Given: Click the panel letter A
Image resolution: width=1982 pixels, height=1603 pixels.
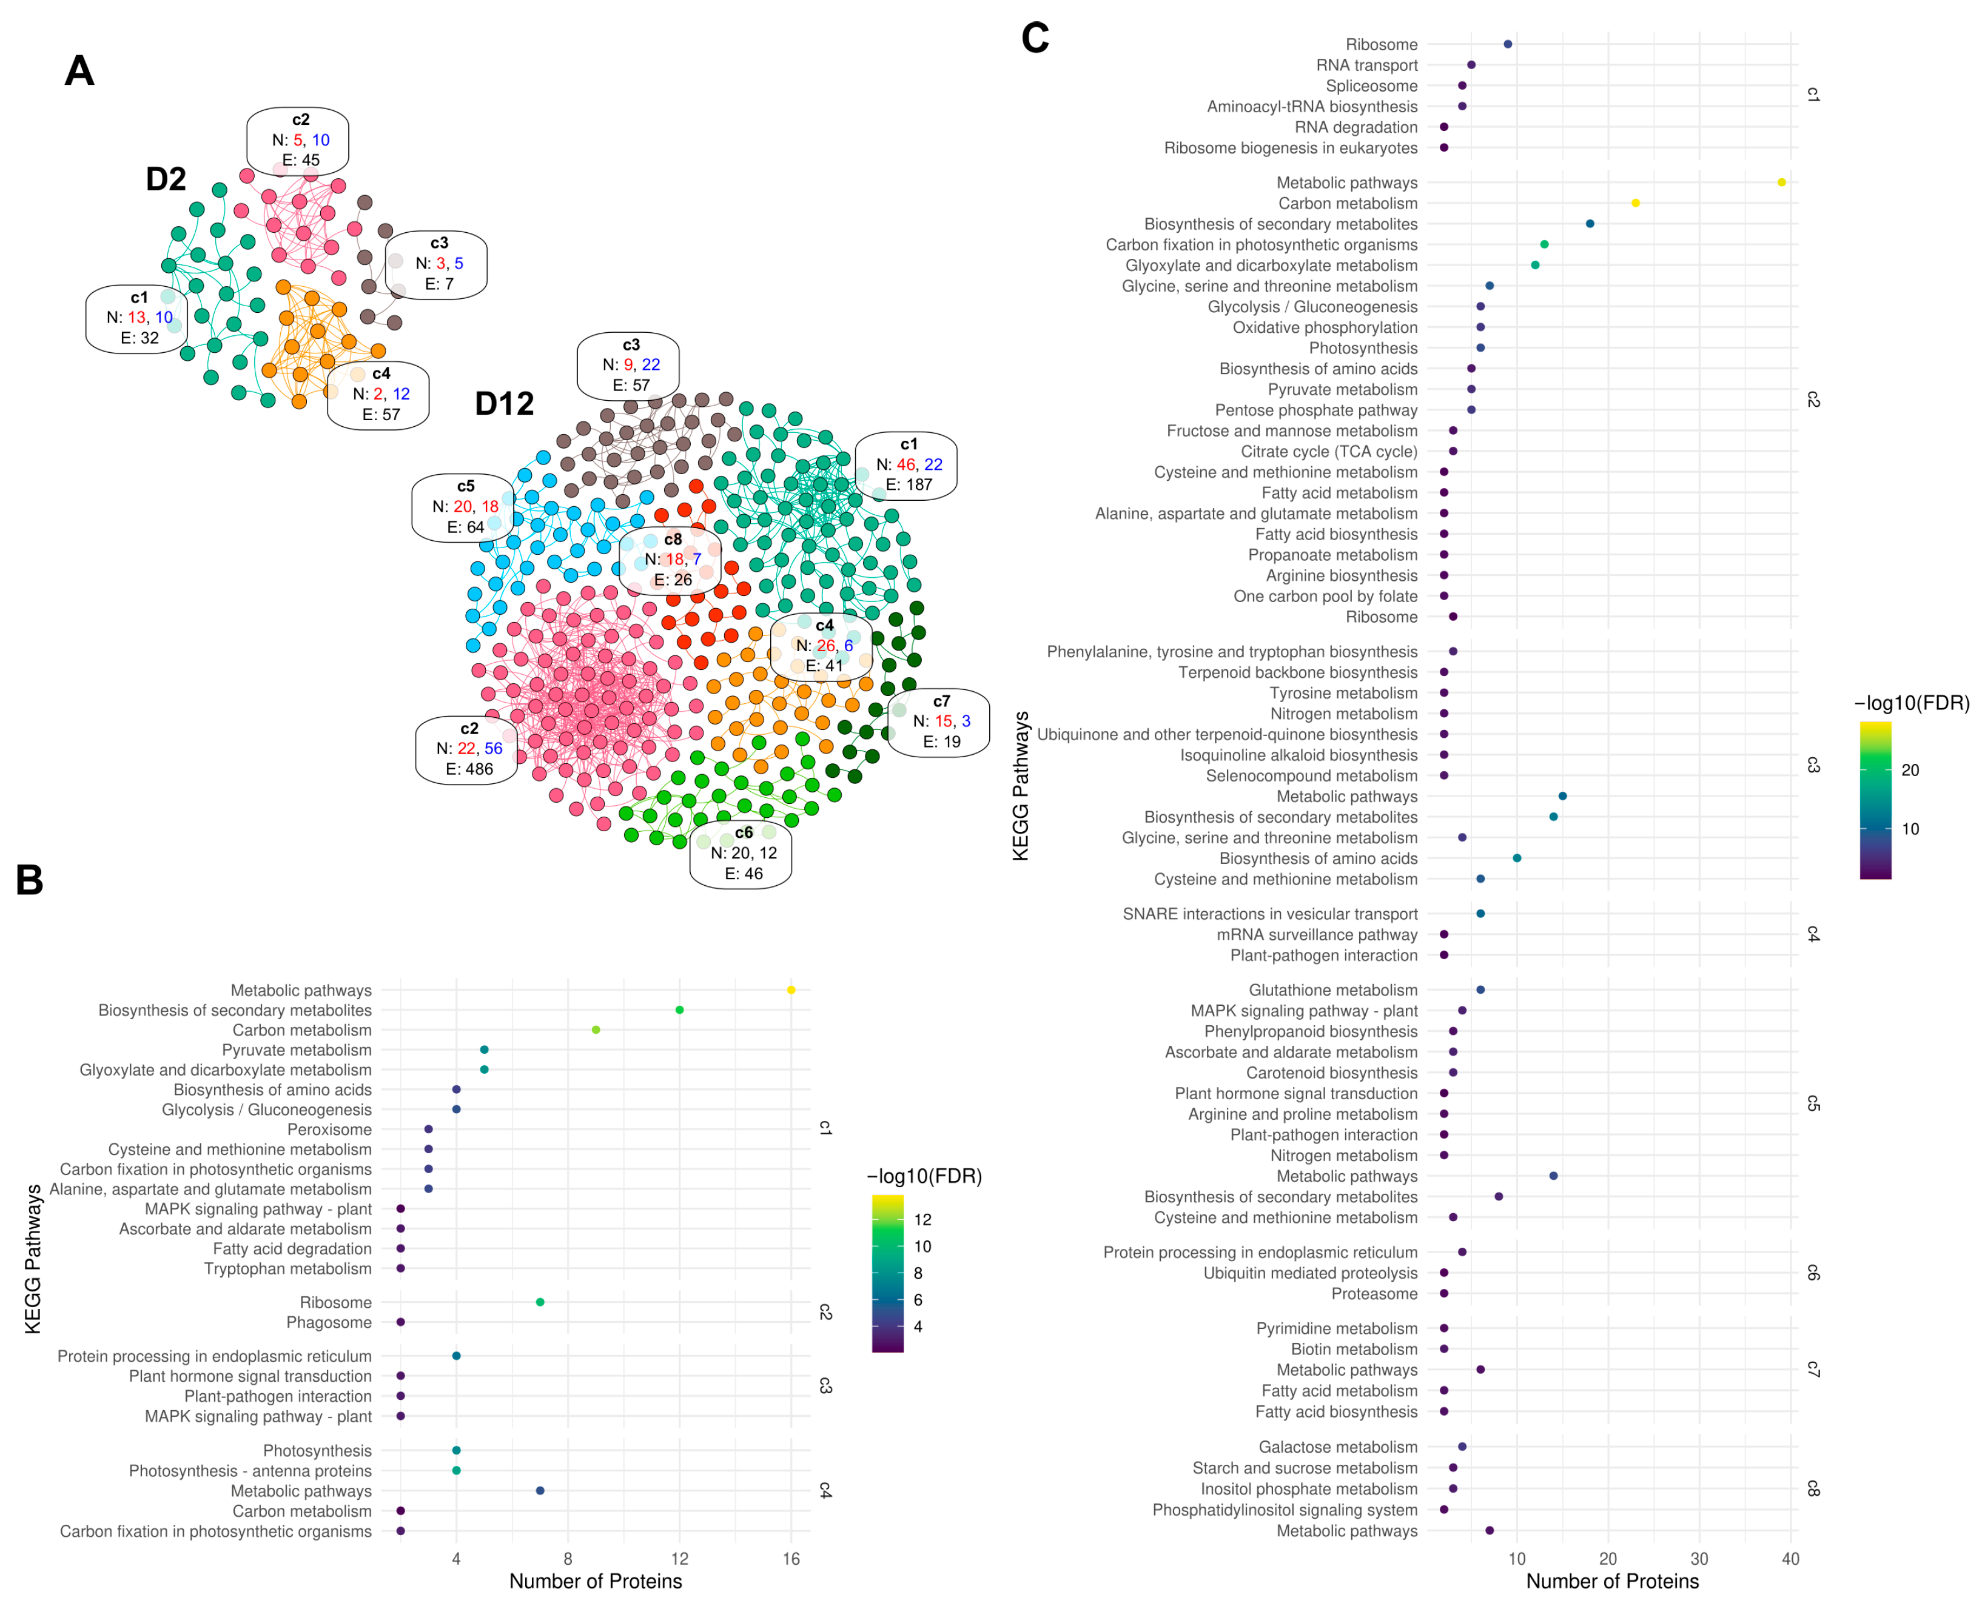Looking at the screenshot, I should [79, 71].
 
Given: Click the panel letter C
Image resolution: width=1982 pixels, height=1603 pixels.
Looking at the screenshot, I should [1035, 38].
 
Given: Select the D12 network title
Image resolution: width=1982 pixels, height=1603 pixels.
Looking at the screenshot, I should [504, 404].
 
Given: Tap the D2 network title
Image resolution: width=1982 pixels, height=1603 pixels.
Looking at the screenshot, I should [166, 179].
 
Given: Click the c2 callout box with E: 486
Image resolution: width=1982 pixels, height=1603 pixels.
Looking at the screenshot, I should [468, 749].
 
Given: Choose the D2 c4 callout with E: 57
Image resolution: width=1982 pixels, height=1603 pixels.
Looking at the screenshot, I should [378, 394].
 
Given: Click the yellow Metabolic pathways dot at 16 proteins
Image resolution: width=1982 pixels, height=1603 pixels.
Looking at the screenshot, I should [791, 990].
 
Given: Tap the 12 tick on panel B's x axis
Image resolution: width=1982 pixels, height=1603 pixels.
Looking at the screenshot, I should [680, 1559].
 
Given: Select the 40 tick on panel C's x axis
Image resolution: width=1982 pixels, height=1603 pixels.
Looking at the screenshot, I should [1790, 1559].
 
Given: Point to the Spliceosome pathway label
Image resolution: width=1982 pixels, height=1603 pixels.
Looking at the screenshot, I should [1371, 86].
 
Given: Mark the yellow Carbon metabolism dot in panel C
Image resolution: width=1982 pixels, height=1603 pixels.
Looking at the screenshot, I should [1634, 203].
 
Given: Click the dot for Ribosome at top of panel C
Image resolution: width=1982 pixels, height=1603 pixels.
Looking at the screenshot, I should [1507, 44].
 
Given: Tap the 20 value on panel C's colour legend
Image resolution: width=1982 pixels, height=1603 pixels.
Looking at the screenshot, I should [1910, 770].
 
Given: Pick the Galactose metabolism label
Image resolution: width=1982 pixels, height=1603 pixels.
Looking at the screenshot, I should [1337, 1447].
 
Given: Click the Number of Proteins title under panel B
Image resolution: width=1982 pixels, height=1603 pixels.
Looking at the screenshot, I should [596, 1581].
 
